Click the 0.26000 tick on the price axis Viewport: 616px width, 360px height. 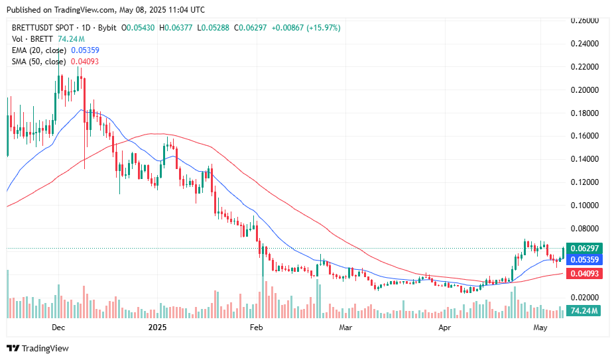(585, 21)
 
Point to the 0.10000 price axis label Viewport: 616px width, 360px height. (585, 205)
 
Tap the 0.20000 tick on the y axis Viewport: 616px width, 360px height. (585, 90)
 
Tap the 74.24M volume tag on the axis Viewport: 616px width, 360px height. (585, 310)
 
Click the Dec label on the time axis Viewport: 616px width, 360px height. (58, 328)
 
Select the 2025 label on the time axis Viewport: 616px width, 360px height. (158, 328)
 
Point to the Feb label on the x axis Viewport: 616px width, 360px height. (256, 328)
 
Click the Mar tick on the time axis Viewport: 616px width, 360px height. (345, 328)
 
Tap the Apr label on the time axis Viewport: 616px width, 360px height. (444, 328)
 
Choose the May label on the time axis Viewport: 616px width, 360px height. (540, 328)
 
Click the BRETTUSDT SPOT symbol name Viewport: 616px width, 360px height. (45, 28)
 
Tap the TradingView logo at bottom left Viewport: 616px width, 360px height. (38, 348)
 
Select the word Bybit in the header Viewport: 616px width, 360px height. (106, 28)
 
